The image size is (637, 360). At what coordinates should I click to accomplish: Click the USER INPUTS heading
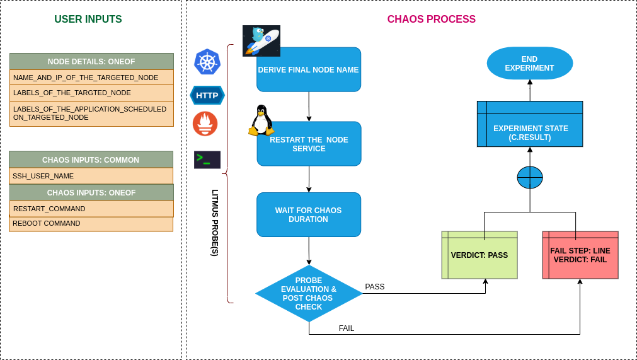tap(88, 20)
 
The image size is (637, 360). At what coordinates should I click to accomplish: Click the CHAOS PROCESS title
tap(431, 20)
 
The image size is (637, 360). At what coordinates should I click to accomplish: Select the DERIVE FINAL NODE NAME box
tap(309, 70)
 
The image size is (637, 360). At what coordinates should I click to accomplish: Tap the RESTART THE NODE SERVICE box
tap(309, 144)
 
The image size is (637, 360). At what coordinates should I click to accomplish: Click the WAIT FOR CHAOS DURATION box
tap(309, 215)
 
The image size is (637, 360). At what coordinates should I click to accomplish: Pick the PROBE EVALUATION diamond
tap(309, 294)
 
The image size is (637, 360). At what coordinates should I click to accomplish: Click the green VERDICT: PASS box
tap(479, 255)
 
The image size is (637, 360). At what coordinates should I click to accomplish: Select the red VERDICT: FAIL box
tap(580, 255)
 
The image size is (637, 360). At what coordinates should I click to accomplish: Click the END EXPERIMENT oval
tap(529, 64)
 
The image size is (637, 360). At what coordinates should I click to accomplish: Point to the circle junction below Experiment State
tap(530, 178)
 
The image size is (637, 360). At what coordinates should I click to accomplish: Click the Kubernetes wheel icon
tap(207, 62)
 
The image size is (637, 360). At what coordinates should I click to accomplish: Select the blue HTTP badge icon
tap(207, 96)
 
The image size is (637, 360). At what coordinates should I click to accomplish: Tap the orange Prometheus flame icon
tap(205, 124)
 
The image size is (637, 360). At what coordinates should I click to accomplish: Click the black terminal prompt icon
tap(207, 160)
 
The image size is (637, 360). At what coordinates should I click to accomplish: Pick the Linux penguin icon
tap(261, 120)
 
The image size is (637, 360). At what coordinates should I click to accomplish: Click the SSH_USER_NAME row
tap(91, 176)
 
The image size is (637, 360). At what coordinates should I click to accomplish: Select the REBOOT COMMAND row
tap(91, 224)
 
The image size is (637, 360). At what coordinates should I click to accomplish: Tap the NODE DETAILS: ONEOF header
tap(91, 61)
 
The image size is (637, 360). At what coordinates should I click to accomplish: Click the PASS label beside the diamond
tap(375, 287)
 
